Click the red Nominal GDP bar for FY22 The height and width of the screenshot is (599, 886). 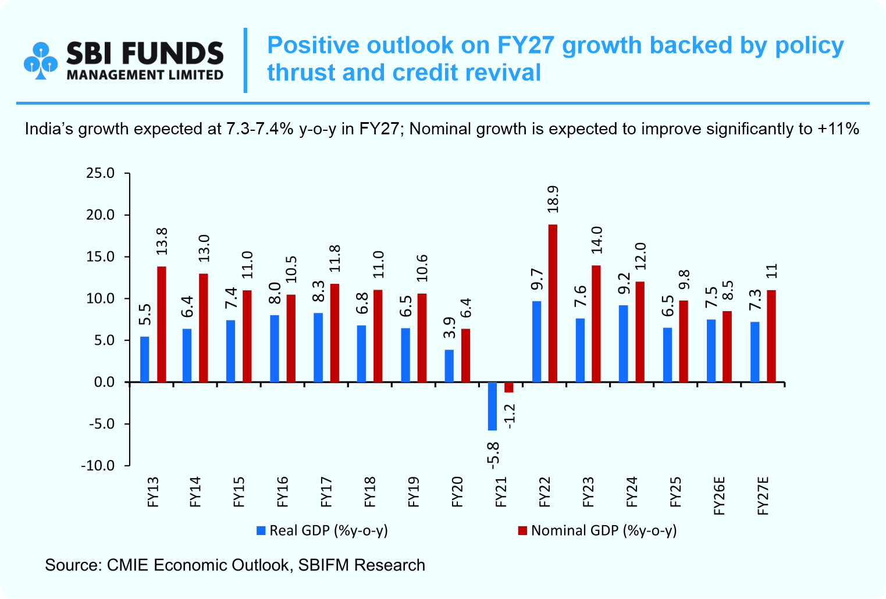coord(553,303)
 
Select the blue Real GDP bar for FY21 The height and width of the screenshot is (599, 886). coord(492,406)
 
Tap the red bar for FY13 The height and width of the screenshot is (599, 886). coord(162,324)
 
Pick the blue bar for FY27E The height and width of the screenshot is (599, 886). coord(755,352)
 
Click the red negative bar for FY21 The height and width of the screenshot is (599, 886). coord(508,387)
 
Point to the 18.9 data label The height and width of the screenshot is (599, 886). coord(553,199)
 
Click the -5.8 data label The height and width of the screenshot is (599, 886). coord(492,455)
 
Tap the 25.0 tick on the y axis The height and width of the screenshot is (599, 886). coord(101,173)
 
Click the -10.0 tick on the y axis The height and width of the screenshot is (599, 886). coord(98,466)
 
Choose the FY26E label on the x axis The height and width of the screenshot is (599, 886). coord(720,495)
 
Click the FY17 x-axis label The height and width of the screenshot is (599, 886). coord(326,492)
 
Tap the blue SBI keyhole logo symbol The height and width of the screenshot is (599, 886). coord(41,60)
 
